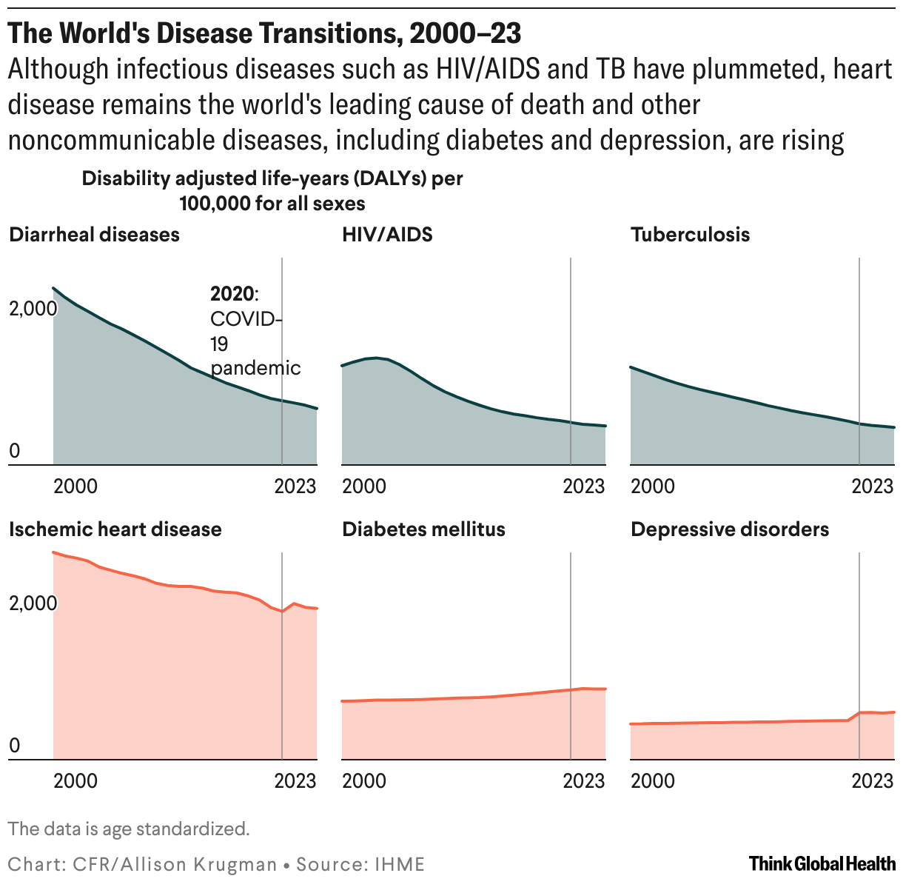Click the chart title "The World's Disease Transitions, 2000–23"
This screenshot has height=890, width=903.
click(x=265, y=33)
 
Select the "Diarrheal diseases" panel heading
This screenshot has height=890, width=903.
click(x=94, y=235)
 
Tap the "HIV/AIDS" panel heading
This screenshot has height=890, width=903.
click(x=387, y=235)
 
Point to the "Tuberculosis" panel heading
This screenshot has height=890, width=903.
click(x=690, y=235)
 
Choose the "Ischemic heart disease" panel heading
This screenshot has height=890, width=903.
click(x=115, y=529)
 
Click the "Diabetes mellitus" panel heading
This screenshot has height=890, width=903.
click(x=423, y=529)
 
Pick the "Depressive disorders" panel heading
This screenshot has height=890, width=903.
click(x=729, y=529)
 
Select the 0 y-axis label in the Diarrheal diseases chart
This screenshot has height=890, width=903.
click(x=14, y=452)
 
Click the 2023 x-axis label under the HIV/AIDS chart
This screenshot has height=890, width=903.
click(x=584, y=486)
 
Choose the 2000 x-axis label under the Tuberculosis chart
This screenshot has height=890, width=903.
click(x=652, y=486)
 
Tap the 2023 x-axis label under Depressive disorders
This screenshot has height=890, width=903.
click(x=873, y=781)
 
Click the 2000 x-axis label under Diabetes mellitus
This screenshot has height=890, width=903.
click(x=363, y=781)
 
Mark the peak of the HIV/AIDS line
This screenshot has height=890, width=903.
click(x=377, y=358)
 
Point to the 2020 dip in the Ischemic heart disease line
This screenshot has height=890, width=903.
click(x=282, y=612)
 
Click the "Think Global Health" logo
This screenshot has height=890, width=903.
click(x=822, y=863)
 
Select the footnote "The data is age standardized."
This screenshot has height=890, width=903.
click(x=129, y=829)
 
